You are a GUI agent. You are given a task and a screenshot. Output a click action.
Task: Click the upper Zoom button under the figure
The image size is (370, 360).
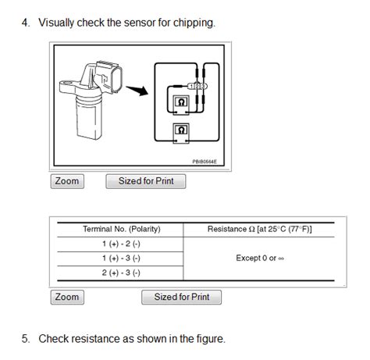[x=67, y=181]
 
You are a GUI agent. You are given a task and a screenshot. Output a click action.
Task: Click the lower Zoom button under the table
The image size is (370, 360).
[x=67, y=297]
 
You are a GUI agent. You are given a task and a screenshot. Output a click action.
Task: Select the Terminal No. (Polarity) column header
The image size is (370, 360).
[x=121, y=229]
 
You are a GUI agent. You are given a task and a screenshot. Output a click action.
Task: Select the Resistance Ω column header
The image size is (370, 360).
[x=258, y=229]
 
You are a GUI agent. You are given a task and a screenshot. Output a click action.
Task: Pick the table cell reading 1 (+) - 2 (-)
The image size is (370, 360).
[x=121, y=244]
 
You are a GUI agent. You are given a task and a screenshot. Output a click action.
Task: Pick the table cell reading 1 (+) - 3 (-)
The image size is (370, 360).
[x=121, y=258]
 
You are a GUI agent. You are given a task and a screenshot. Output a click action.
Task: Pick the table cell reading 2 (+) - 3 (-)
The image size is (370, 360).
[x=121, y=273]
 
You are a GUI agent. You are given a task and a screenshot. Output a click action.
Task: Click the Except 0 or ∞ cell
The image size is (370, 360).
[x=258, y=258]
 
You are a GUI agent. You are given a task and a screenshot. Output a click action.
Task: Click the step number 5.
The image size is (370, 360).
[x=25, y=339]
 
